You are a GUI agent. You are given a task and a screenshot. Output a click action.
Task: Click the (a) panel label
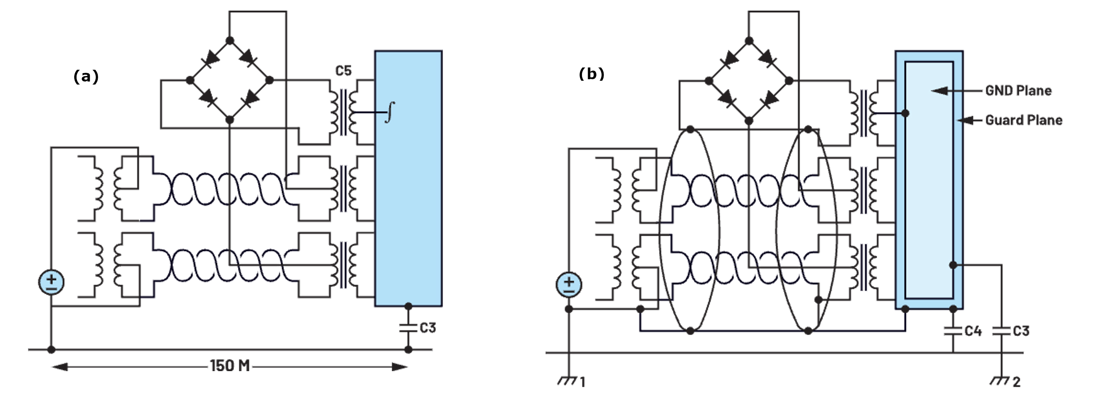[86, 77]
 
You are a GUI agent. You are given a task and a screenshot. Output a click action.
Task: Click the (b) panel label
[591, 74]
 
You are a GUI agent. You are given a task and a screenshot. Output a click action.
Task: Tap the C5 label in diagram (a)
[343, 71]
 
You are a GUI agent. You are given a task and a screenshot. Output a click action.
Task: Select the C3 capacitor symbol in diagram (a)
[408, 328]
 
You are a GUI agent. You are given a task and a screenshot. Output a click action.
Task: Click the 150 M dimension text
[230, 366]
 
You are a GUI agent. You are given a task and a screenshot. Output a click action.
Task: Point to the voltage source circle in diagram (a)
[51, 282]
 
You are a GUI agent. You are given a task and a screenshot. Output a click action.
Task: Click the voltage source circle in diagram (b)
[568, 284]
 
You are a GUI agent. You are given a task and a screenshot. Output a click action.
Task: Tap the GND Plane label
[1018, 91]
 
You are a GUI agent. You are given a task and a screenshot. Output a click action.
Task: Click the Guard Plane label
[1024, 120]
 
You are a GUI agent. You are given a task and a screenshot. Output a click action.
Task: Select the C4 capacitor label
[973, 331]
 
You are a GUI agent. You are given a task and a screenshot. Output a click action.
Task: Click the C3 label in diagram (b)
[1021, 331]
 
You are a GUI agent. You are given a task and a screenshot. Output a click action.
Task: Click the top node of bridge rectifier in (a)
[230, 41]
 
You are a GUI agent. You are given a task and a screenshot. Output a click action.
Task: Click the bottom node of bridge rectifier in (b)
[748, 121]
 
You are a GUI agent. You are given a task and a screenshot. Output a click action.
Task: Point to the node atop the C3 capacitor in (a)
[408, 306]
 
